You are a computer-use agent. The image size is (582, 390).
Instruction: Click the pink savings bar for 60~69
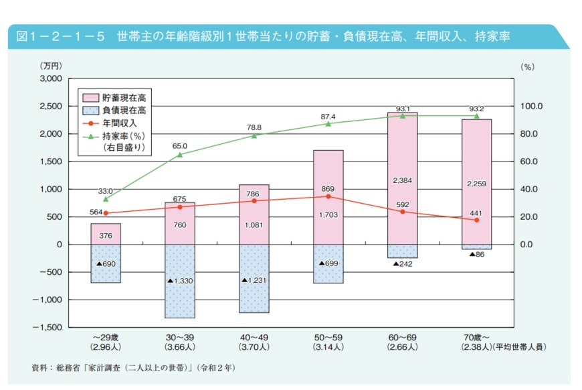[x=402, y=154]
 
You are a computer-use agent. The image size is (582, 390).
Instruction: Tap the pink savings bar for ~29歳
[x=106, y=234]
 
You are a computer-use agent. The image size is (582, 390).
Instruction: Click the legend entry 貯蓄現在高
[x=124, y=98]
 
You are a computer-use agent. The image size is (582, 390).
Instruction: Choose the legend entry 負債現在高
[x=124, y=111]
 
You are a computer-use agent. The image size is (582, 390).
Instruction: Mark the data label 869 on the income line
[x=328, y=189]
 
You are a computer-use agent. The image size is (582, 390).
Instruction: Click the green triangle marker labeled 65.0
[x=180, y=155]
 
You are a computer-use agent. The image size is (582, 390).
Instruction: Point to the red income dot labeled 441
[x=476, y=220]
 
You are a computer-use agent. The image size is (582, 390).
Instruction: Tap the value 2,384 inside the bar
[x=402, y=180]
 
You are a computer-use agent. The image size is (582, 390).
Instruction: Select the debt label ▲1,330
[x=180, y=281]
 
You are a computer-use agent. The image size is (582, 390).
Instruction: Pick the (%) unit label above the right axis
[x=527, y=66]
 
